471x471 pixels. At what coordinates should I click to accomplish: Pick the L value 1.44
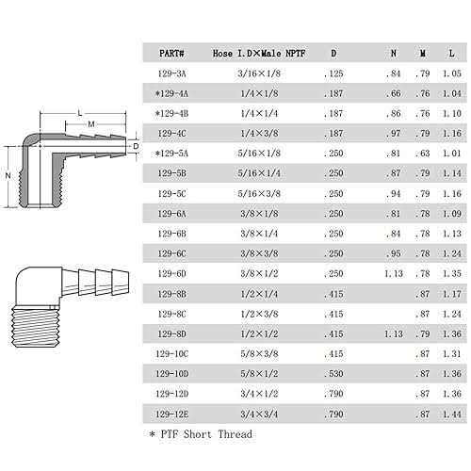point(451,414)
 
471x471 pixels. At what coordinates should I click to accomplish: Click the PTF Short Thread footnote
point(200,434)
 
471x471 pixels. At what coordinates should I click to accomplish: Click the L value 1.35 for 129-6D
point(451,273)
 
